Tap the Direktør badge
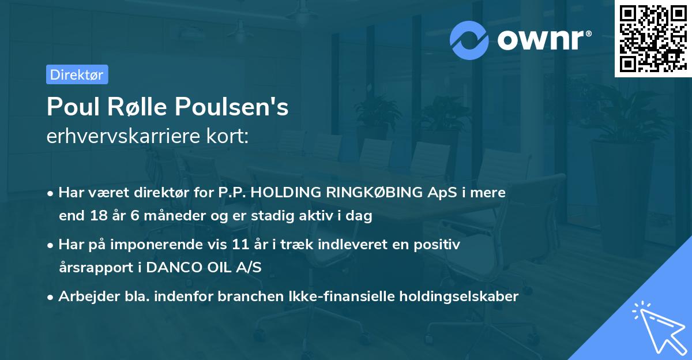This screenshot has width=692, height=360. pyautogui.click(x=77, y=74)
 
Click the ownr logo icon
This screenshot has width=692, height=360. pyautogui.click(x=469, y=40)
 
